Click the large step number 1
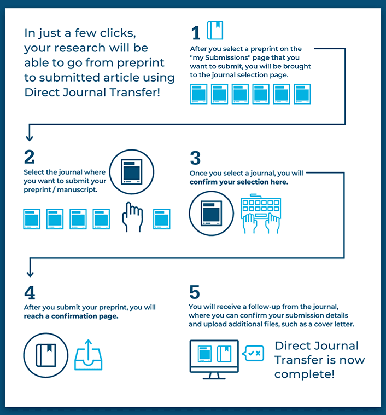196,33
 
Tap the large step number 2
29,157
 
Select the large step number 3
195,158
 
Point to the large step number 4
30,292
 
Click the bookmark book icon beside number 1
215,30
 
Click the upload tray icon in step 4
88,355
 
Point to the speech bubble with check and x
254,354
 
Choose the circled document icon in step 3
211,213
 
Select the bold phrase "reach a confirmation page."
71,316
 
